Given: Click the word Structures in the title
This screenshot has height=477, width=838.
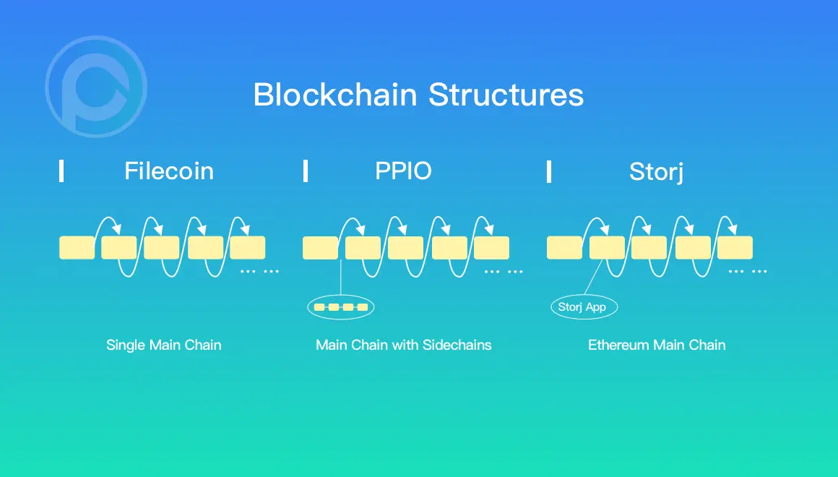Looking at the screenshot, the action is pos(506,95).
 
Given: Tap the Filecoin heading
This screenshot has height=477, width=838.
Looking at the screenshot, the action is pos(169,171).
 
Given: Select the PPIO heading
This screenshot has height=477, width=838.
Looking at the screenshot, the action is pos(403,171).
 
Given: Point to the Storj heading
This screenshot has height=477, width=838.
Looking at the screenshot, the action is pos(656,172).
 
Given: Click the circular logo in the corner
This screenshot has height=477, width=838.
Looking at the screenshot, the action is pos(96,87).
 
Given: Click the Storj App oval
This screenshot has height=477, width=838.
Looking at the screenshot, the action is pos(582,307).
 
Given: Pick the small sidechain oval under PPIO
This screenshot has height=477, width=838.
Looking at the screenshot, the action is pos(341,307).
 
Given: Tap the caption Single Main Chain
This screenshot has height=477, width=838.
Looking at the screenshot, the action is pos(163,345).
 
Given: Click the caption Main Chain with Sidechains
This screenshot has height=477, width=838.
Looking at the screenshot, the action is pos(403,345).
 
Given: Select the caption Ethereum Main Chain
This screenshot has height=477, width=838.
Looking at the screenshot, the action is pos(657,345).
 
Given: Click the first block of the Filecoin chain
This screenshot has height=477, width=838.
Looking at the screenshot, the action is pos(77,248).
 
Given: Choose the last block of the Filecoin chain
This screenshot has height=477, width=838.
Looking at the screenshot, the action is pos(248,248).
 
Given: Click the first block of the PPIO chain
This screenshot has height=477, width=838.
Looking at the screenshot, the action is pos(320,248).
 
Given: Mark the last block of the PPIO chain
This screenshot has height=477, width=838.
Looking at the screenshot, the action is pos(491,248).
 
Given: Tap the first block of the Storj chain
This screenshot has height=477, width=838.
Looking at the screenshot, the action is pos(564,248).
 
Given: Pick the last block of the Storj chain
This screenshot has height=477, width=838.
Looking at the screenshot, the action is pos(735,248).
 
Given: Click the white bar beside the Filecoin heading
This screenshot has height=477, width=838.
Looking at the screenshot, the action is pos(61,171).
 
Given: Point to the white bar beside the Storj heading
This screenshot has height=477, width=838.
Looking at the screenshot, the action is pos(549,171).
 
